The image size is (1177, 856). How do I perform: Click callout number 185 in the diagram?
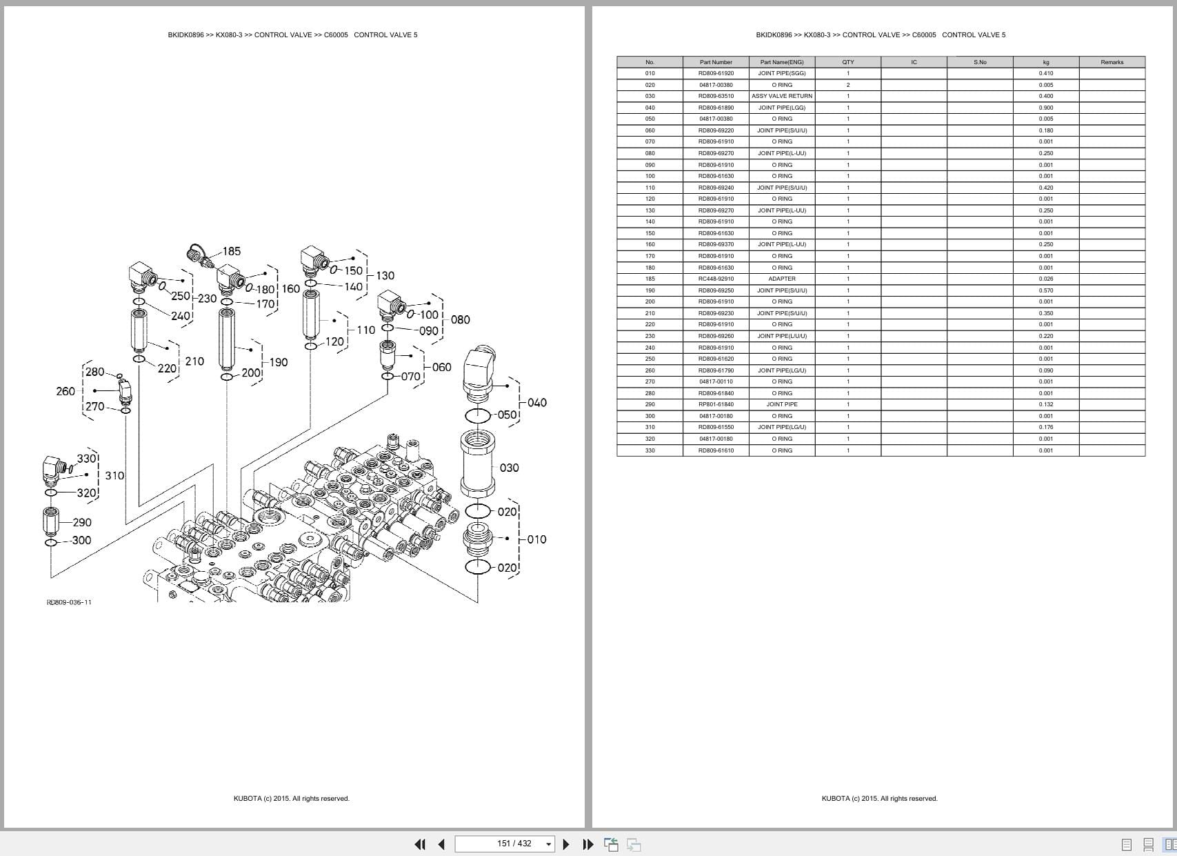tap(231, 251)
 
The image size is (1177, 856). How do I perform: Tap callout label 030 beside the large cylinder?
tap(509, 468)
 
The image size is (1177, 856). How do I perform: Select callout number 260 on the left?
tap(66, 391)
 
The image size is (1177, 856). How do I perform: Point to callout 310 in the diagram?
tap(114, 475)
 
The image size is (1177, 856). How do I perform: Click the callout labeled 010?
tap(536, 539)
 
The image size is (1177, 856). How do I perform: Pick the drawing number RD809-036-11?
tap(69, 602)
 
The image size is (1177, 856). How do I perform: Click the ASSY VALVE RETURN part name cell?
tap(782, 96)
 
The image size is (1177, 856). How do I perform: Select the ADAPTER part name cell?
tap(782, 279)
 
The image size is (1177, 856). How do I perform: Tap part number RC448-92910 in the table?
tap(716, 279)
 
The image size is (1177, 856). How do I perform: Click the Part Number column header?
tap(716, 62)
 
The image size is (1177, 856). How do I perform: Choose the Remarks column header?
tap(1111, 62)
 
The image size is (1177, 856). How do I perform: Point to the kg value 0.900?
tap(1045, 108)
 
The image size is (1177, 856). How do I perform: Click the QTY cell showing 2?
tap(848, 85)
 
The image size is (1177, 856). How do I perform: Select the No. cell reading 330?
tap(650, 450)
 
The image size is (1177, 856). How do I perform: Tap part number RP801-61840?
tap(716, 404)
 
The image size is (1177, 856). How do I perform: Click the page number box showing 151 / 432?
tap(504, 844)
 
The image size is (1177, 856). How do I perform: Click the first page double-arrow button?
tap(419, 844)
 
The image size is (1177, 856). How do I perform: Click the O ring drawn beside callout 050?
tap(478, 415)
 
